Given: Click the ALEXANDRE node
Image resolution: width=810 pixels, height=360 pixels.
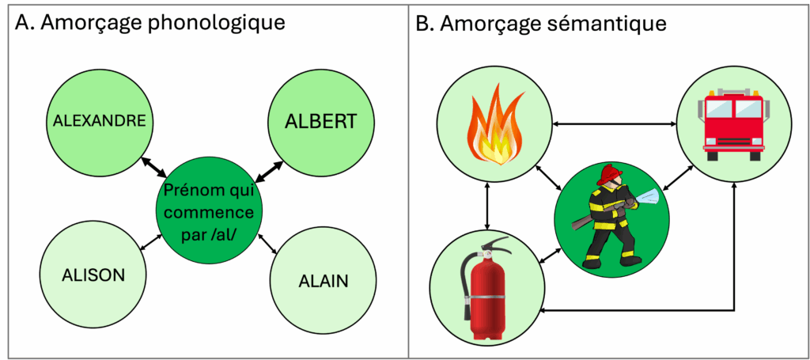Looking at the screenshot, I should coord(99,120).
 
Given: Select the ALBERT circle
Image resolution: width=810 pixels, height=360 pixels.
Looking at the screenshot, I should coord(320,121).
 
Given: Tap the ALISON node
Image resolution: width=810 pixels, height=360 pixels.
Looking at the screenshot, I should coord(93,275).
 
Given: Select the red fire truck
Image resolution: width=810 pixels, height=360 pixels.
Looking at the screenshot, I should coord(736,122).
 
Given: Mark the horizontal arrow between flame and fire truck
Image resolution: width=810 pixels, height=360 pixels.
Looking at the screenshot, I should coord(613,123).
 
